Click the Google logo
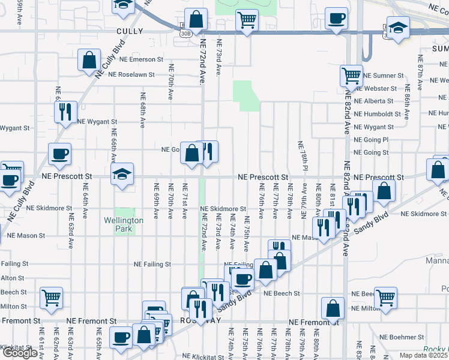pyautogui.click(x=19, y=353)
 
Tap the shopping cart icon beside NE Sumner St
pyautogui.click(x=351, y=76)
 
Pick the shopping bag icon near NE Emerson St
pyautogui.click(x=89, y=60)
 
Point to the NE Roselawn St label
pyautogui.click(x=131, y=75)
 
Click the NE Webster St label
pyautogui.click(x=376, y=88)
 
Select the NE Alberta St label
pyautogui.click(x=373, y=101)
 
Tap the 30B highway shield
pyautogui.click(x=185, y=34)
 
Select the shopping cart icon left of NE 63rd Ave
pyautogui.click(x=52, y=297)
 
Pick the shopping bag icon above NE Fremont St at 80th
pyautogui.click(x=333, y=308)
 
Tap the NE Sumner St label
pyautogui.click(x=384, y=76)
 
